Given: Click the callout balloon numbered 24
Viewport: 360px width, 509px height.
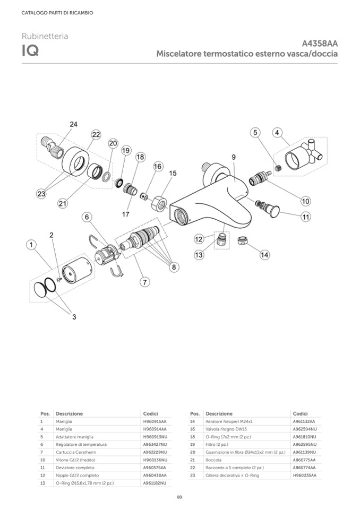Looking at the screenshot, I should click(73, 124).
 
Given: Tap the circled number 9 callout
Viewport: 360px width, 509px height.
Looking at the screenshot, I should click(233, 157).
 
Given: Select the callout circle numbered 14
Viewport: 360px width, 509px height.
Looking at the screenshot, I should click(264, 255).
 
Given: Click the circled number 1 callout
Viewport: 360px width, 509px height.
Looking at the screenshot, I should click(32, 245).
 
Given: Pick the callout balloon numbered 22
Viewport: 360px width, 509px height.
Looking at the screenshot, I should click(96, 135).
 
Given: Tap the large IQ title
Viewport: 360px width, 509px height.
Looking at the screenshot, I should click(29, 52).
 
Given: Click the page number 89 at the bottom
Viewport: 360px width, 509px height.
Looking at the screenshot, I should click(179, 497).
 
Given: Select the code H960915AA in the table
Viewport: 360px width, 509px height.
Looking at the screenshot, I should click(155, 421).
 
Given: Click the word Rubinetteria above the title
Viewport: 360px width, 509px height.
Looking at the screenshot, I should click(45, 36).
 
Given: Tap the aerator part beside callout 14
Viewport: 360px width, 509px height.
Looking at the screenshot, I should click(243, 241).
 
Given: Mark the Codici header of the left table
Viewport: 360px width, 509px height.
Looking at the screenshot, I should click(150, 413).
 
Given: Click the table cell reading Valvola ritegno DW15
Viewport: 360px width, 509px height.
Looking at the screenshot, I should click(226, 429).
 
